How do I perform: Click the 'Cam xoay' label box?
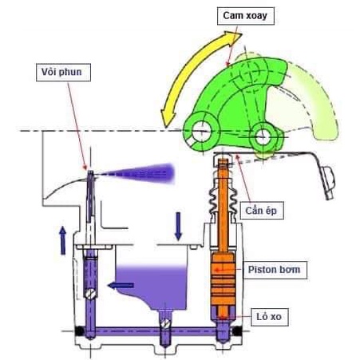(246, 16)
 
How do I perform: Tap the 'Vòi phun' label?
(63, 73)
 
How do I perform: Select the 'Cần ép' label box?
(262, 211)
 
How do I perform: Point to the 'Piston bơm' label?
(275, 270)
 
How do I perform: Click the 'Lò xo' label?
(269, 317)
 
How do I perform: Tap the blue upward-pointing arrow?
(63, 240)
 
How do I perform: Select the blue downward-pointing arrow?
(178, 226)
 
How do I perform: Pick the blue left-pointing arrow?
(121, 286)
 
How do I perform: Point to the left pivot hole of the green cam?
(202, 132)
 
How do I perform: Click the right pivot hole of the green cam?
(263, 137)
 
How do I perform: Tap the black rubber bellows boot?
(223, 201)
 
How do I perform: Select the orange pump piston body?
(223, 279)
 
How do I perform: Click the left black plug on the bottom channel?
(80, 331)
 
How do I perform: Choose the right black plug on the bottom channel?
(237, 331)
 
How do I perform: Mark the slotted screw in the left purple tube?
(91, 294)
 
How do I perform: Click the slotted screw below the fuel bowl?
(165, 323)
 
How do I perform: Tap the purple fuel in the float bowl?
(152, 286)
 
